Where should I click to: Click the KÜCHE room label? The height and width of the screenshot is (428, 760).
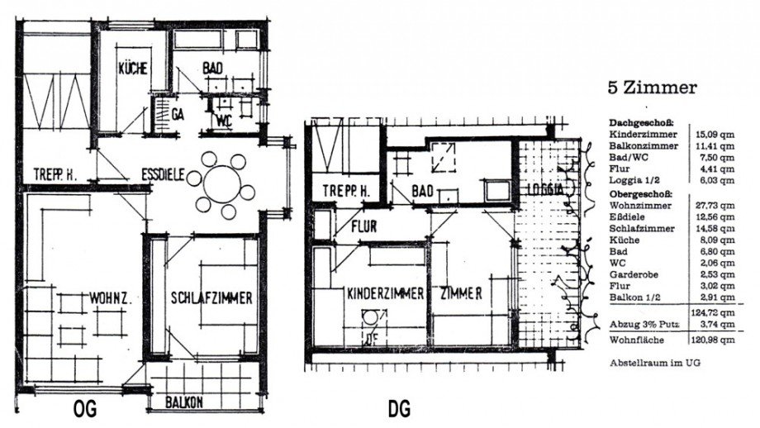(132, 69)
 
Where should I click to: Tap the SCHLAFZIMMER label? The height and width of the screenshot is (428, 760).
(211, 298)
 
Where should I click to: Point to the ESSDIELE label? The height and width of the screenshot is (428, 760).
(164, 176)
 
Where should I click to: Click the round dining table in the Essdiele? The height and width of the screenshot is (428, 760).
(223, 181)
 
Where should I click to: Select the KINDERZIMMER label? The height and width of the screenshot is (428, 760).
(385, 293)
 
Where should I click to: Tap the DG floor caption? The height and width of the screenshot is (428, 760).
(399, 408)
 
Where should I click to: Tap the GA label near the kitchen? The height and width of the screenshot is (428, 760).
(176, 114)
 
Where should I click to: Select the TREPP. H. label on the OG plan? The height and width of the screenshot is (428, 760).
(55, 174)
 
